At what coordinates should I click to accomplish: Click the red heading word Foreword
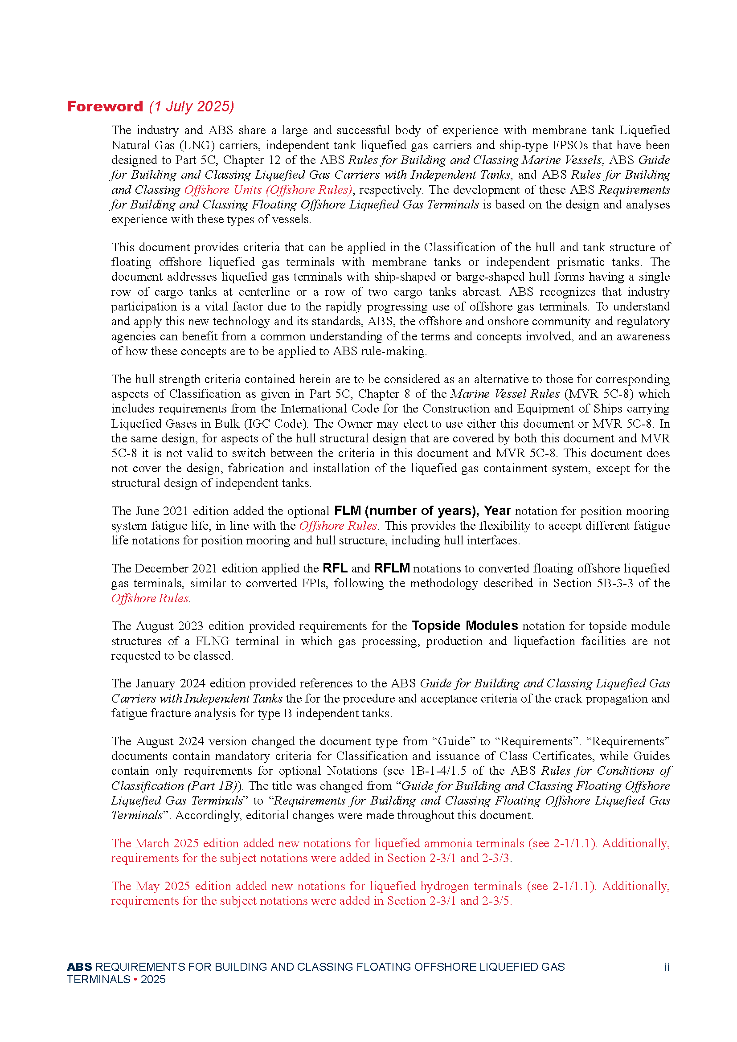click(x=105, y=106)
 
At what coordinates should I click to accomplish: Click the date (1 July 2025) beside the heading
click(x=192, y=106)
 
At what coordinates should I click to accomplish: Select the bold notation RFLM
click(x=392, y=568)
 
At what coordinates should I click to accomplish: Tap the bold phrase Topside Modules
click(x=465, y=626)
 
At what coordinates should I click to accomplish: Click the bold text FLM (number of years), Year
click(x=422, y=511)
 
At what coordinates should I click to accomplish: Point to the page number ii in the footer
click(x=667, y=967)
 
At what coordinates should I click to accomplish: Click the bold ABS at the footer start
click(x=79, y=967)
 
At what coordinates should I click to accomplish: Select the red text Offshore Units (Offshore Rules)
click(x=268, y=190)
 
